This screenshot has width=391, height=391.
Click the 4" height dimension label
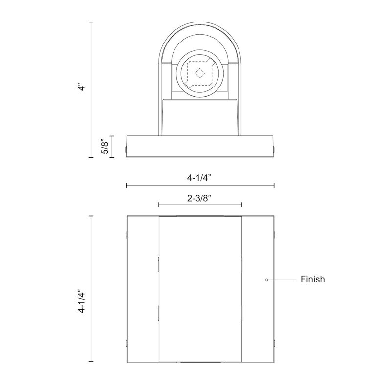pos(82,87)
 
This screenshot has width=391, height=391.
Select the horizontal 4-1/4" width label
pos(199,178)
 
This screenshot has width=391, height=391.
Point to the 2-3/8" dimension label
pos(199,198)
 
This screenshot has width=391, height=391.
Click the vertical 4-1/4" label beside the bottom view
pos(82,302)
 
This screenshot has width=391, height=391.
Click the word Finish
pos(312,279)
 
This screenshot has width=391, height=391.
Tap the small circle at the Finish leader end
pos(266,280)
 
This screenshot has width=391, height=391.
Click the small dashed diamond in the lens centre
pos(199,73)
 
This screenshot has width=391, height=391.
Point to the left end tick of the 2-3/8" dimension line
pos(159,205)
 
